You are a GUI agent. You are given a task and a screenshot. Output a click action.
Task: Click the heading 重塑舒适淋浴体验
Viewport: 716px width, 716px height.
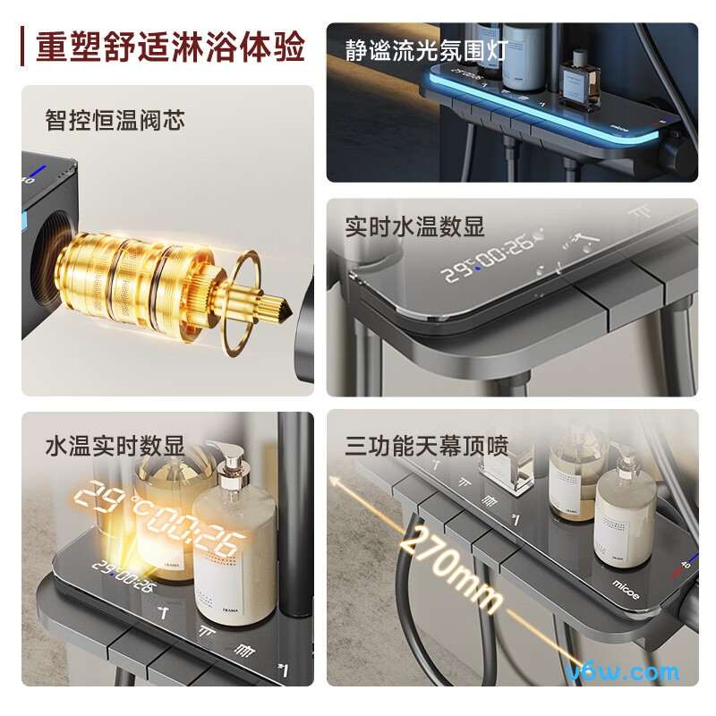[170, 47]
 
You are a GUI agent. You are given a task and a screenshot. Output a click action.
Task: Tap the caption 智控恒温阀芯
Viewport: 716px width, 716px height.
[115, 119]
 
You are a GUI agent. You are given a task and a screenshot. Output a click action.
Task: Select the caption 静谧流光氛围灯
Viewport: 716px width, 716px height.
[426, 49]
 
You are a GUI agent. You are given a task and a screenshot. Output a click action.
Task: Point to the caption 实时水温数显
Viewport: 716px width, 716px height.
[414, 226]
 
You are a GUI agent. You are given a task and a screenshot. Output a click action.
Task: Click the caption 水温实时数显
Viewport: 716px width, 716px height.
[115, 445]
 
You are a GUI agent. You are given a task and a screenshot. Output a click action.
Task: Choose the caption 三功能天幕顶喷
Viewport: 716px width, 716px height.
[426, 445]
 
